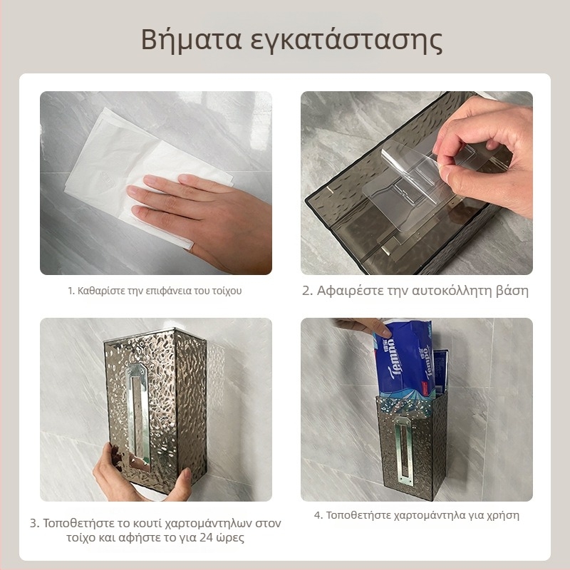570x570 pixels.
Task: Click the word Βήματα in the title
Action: (x=191, y=39)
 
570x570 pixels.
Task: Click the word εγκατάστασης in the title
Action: (x=346, y=41)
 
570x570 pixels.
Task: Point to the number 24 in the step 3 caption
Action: (x=207, y=538)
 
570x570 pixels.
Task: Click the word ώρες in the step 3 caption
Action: (x=230, y=538)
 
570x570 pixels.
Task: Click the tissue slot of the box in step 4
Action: (x=405, y=450)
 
